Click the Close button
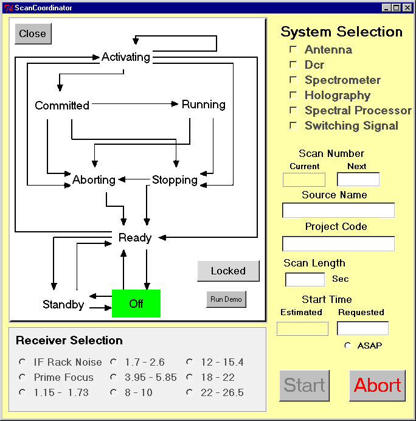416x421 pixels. click(33, 34)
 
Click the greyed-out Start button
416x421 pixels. click(304, 386)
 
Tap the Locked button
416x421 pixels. click(228, 271)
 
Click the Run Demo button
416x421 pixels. click(226, 299)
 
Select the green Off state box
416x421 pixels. click(136, 304)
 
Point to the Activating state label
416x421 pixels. click(125, 57)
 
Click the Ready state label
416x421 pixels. click(135, 238)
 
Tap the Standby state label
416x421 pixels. click(63, 304)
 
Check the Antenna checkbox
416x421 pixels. click(293, 49)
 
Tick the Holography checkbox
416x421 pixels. click(293, 95)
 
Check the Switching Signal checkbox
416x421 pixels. click(293, 125)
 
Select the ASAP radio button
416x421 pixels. click(348, 346)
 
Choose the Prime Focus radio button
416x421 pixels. click(23, 377)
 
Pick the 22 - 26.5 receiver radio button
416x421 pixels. click(190, 392)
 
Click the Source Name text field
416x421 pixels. click(338, 211)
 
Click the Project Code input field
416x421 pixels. click(338, 244)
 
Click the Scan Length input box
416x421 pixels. click(305, 279)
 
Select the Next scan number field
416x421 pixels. click(358, 179)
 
